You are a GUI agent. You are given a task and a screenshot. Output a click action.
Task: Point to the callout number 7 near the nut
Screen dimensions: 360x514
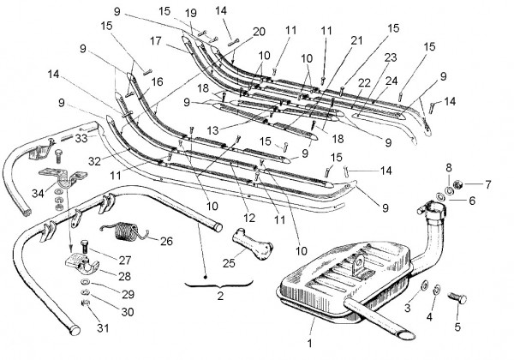click(x=489, y=183)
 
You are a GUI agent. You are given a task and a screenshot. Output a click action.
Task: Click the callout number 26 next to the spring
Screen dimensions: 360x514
click(x=166, y=240)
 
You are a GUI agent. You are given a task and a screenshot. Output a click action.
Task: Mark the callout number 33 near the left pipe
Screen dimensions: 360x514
click(x=81, y=137)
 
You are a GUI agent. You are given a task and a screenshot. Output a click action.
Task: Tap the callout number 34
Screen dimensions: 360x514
click(x=35, y=193)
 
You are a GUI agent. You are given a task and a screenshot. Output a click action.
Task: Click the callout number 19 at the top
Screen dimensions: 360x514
click(x=190, y=13)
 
